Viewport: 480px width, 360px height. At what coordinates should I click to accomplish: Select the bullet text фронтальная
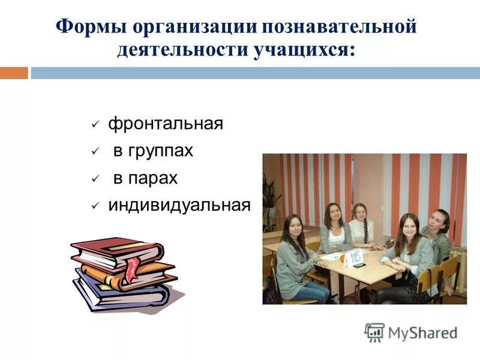166,124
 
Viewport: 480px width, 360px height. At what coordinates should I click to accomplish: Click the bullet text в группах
153,151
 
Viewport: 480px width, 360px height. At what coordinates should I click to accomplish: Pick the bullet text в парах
145,179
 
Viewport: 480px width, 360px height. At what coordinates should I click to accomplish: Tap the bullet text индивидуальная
179,205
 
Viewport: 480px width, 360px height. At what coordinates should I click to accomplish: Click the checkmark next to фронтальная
95,125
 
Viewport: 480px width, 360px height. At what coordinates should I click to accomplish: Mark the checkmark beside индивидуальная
95,206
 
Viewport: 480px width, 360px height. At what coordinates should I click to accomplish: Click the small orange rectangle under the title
14,73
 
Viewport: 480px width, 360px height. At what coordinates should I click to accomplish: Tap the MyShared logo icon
374,332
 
